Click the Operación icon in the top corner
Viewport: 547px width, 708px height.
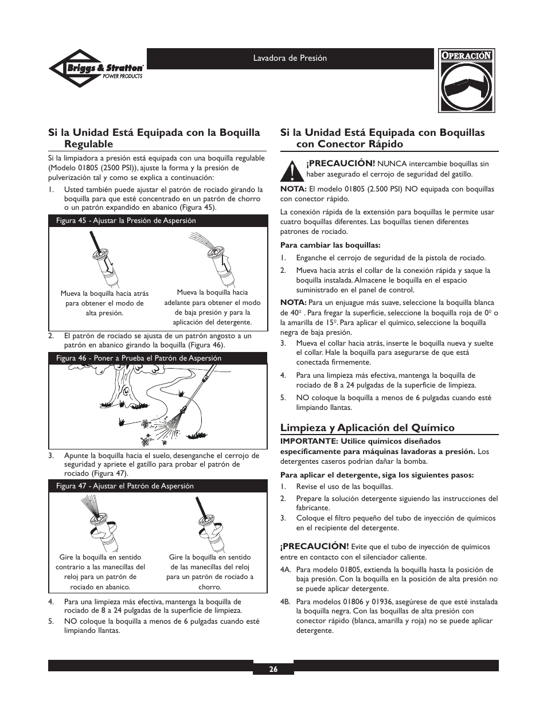466,81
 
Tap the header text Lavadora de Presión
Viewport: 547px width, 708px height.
290,58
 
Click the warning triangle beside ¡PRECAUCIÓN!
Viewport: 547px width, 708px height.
292,170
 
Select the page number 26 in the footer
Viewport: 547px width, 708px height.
273,668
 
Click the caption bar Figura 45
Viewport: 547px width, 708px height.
158,221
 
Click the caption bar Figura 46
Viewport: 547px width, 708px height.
158,358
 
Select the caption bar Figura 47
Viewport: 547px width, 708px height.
158,486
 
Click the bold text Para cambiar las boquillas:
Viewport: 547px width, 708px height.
330,245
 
